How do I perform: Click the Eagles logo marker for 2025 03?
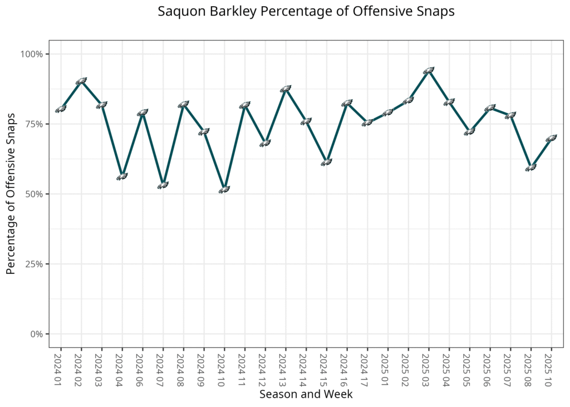click(x=429, y=71)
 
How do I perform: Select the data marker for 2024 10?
click(x=224, y=190)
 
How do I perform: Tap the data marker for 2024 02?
click(x=81, y=81)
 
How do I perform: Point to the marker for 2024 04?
click(x=122, y=176)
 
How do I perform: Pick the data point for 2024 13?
click(x=286, y=89)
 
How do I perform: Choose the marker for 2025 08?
click(x=530, y=167)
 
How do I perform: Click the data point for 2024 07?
click(x=163, y=185)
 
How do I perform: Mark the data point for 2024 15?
click(x=326, y=163)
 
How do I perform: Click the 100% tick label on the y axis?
click(x=32, y=54)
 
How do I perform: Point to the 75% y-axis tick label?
click(x=34, y=124)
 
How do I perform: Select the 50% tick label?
click(x=34, y=194)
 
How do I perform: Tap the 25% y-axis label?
click(x=34, y=264)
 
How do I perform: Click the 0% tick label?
click(x=36, y=334)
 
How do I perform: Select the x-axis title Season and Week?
click(x=306, y=394)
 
